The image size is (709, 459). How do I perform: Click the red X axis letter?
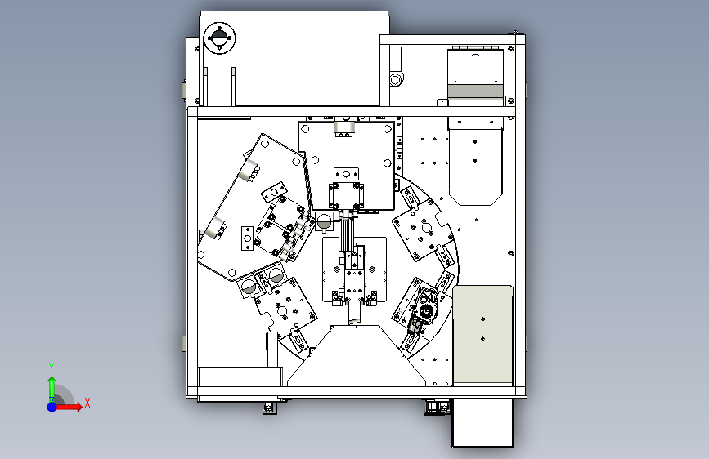(x=88, y=403)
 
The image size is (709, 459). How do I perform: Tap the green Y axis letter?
(x=52, y=368)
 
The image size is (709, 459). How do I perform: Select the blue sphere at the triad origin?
(x=52, y=407)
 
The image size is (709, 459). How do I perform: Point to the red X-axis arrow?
(x=68, y=407)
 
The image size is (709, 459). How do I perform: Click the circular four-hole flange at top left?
(x=219, y=38)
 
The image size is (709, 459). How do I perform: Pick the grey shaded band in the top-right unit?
(x=475, y=91)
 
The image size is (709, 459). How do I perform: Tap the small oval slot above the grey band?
(x=475, y=55)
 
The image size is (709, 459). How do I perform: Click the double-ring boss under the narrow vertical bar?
(x=396, y=80)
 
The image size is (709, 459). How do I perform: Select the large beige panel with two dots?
(x=483, y=335)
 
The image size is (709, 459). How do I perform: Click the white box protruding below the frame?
(x=483, y=422)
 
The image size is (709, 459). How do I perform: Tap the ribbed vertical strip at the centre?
(x=346, y=234)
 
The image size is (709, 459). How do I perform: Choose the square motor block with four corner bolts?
(x=346, y=196)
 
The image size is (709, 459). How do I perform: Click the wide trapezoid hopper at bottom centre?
(x=357, y=355)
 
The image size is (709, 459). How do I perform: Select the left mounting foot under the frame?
(x=270, y=408)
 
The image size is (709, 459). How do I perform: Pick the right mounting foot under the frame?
(x=437, y=407)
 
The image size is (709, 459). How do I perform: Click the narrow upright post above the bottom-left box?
(x=272, y=350)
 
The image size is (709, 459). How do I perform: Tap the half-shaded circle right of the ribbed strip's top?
(x=324, y=222)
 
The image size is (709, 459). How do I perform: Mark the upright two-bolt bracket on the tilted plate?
(x=247, y=238)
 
